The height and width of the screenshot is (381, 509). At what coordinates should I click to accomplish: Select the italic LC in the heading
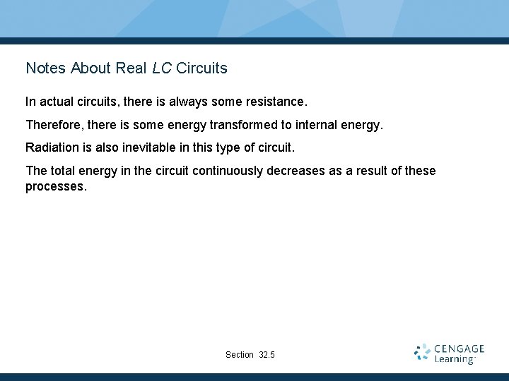point(160,68)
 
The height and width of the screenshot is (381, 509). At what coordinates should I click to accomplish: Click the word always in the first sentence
point(188,102)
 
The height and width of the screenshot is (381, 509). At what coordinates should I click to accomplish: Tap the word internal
point(315,126)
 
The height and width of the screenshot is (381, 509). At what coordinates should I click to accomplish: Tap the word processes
point(56,187)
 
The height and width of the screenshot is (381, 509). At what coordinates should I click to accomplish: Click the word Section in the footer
point(240,355)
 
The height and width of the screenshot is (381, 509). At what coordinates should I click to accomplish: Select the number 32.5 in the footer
point(267,355)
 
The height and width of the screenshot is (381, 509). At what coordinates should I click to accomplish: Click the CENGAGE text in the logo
point(460,349)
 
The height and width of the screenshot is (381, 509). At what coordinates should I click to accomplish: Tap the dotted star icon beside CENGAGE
point(423,353)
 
